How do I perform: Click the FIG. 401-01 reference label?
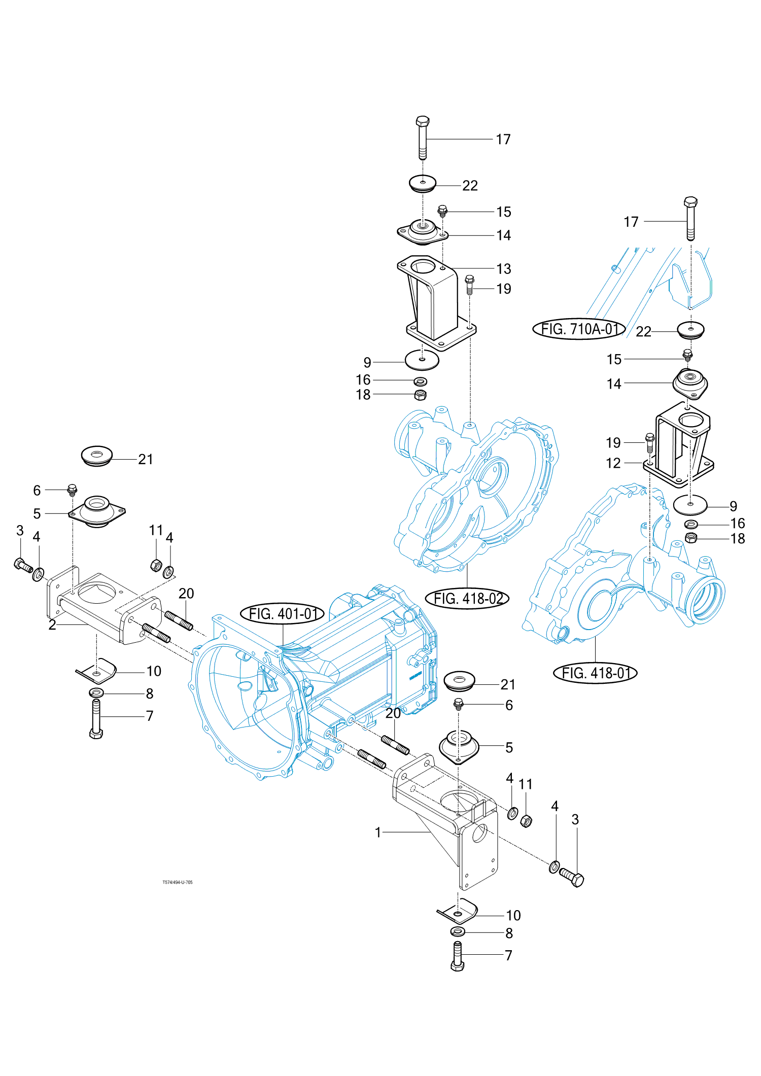(283, 614)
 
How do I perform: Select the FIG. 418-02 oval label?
(467, 599)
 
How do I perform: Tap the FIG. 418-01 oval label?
(595, 673)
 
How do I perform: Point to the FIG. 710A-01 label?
(579, 329)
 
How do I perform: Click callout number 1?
(378, 832)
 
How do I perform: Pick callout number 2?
(52, 625)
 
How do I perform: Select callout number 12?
(613, 463)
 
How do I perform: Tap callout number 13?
(504, 269)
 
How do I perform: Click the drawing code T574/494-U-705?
(178, 882)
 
